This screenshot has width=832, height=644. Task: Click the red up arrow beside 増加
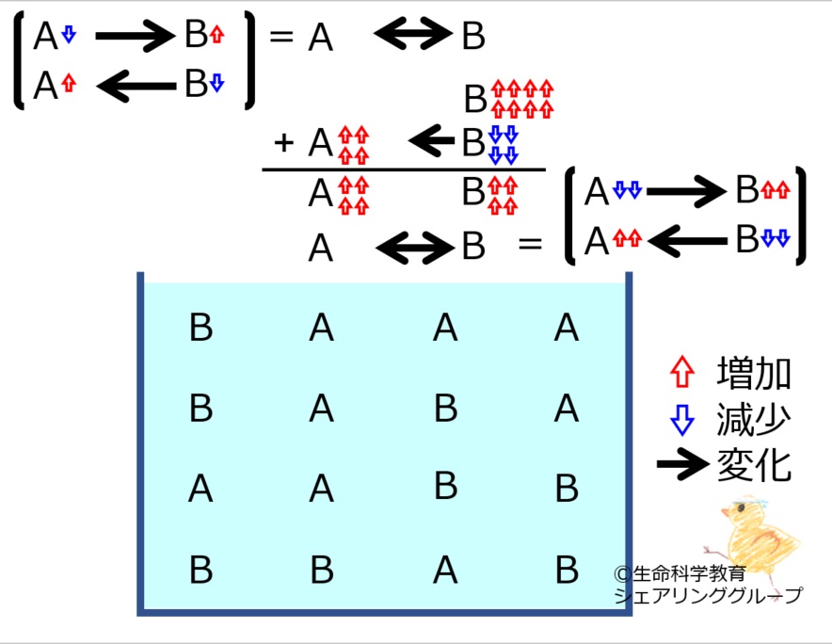point(682,372)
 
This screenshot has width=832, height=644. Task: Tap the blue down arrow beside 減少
point(682,420)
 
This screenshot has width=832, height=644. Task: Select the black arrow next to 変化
point(683,464)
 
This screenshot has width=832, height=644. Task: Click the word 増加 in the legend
point(754,373)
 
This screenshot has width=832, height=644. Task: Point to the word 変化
point(754,466)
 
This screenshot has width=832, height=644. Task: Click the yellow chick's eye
point(741,508)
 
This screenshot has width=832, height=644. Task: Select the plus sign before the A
point(284,142)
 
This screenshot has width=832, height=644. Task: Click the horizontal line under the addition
point(404,169)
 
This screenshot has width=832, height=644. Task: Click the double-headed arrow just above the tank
point(414,248)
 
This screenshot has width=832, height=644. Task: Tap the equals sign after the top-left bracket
point(281,37)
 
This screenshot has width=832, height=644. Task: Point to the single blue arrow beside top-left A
point(69,35)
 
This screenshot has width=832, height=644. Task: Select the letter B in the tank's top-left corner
point(201,327)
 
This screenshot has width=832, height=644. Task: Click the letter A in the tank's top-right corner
point(567,327)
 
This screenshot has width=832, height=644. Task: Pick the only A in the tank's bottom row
point(444,570)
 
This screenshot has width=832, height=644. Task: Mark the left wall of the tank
point(140,443)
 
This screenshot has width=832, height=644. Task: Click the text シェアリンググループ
point(709,595)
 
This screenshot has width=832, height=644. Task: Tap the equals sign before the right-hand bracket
point(530,244)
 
